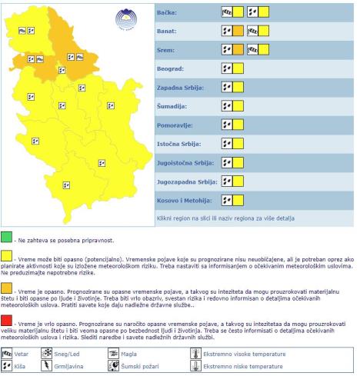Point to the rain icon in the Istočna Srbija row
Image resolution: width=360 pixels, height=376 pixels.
(227, 144)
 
